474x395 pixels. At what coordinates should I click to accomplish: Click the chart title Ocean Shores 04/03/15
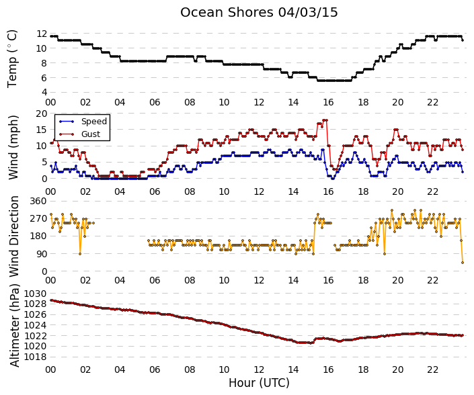[259, 13]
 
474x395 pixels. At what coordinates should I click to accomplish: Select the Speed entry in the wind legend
[94, 122]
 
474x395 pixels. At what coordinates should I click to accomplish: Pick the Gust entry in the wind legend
[91, 134]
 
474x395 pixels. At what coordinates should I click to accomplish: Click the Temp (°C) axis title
[12, 59]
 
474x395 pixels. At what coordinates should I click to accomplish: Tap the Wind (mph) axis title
[13, 147]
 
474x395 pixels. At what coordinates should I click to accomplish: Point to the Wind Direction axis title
[14, 236]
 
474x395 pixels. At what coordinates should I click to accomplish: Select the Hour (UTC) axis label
[259, 383]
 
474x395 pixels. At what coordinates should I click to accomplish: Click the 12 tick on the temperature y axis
[42, 34]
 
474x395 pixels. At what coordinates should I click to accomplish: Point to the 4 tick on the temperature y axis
[44, 92]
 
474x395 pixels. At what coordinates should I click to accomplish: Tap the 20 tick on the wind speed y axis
[42, 114]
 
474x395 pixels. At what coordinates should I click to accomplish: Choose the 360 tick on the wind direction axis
[39, 201]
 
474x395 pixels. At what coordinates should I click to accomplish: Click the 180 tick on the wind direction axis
[39, 236]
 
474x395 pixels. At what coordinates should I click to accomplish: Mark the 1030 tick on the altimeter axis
[36, 294]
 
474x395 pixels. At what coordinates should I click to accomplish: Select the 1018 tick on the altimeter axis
[36, 357]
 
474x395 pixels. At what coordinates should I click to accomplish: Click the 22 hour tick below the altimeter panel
[432, 369]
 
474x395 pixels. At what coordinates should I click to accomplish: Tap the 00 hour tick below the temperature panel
[50, 102]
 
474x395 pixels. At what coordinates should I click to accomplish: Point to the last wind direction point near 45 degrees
[463, 263]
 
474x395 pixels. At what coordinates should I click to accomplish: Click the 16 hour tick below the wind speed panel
[328, 191]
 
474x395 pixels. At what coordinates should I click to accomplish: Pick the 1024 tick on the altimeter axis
[36, 325]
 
